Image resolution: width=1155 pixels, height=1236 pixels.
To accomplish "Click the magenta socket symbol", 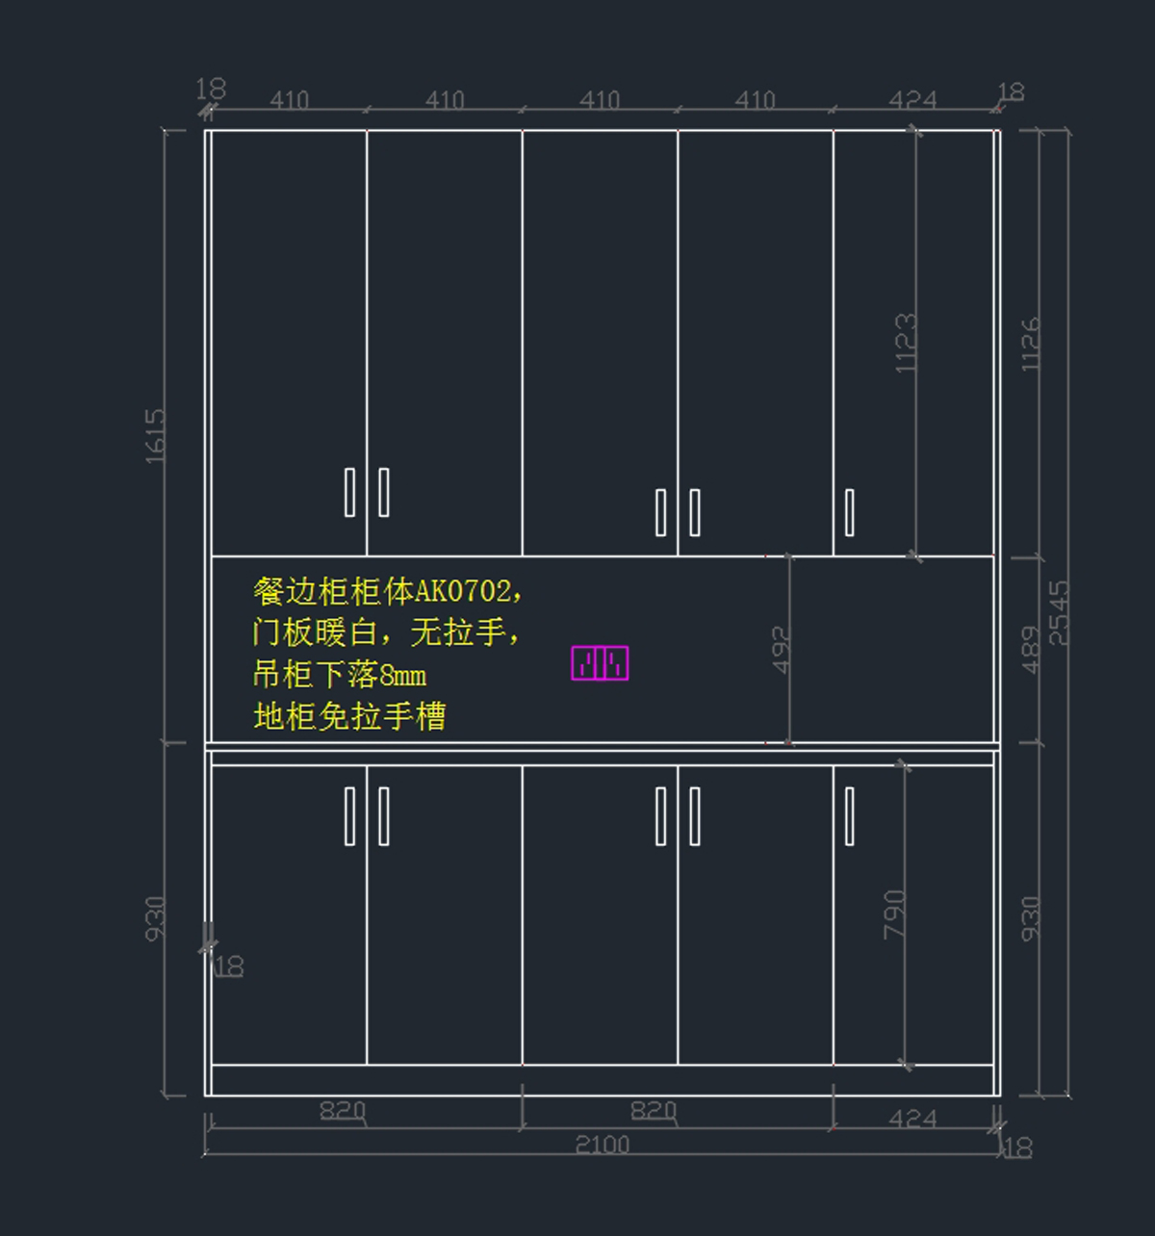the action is pos(600,663).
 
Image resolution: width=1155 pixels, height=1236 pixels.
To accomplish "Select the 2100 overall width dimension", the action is pos(602,1145).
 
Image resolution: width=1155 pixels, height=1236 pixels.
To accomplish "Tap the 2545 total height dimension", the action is pos(1058,612).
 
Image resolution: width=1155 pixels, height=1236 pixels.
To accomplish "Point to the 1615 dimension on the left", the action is pos(155,436).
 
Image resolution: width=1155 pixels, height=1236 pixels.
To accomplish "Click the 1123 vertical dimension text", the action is pos(906,343).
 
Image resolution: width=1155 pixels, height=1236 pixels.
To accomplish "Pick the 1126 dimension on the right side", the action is pos(1030,344).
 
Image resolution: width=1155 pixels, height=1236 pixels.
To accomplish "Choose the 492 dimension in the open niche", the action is pos(781,650).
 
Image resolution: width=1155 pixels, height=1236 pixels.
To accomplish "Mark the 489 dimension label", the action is pos(1030,650).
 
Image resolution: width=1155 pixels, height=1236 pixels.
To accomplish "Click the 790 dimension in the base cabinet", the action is pos(894,914).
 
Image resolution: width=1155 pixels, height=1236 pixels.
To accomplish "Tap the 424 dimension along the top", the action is pos(911,100).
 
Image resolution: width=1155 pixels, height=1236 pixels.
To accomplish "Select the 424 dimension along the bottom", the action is pos(911,1119).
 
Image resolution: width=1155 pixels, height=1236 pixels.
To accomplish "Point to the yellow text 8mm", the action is pos(402,675).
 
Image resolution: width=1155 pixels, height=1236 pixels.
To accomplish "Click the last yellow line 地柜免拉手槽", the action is pos(349,716).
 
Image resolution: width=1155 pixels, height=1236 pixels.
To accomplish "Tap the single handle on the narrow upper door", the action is pos(849,512).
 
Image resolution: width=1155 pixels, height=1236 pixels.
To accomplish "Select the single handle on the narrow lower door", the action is pos(849,816).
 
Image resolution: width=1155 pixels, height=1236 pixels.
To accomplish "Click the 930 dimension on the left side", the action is pos(155,918).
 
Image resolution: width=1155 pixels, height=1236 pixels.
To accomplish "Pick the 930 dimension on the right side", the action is pos(1030,918).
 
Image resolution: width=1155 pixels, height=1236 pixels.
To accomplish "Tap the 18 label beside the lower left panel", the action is pos(229,966).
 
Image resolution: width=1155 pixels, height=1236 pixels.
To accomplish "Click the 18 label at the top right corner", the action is pos(1011,92).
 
